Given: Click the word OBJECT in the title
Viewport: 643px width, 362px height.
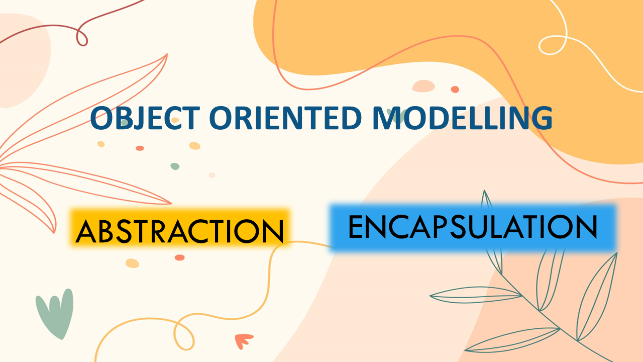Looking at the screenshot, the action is [145, 118].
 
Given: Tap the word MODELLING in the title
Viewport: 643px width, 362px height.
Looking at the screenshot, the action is [462, 118].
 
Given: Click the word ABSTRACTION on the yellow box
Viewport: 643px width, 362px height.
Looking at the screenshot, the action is [180, 232].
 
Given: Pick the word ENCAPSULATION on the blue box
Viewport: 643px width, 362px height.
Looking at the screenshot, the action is [473, 227].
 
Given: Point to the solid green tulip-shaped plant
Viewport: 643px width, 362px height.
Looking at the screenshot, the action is [55, 314].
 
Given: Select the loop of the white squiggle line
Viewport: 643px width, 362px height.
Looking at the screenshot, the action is [553, 45].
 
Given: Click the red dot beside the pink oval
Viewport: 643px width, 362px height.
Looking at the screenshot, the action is [455, 89].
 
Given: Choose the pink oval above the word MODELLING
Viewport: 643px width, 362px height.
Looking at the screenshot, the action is [423, 86].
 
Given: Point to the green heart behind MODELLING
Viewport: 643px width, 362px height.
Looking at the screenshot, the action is [397, 116].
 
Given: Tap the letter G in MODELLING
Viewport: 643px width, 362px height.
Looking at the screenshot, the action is [542, 118].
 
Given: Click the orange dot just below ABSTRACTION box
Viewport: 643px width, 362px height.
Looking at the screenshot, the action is [180, 257].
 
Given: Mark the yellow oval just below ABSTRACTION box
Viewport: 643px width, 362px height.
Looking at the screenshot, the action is [132, 263].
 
